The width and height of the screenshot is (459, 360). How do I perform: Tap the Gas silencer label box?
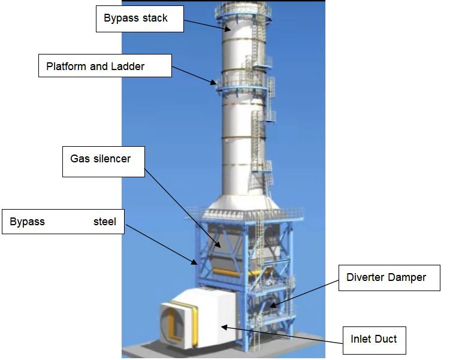click(x=104, y=161)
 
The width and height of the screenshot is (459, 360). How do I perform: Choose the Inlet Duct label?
click(x=373, y=340)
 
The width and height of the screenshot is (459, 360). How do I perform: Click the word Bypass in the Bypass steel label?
click(x=28, y=222)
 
